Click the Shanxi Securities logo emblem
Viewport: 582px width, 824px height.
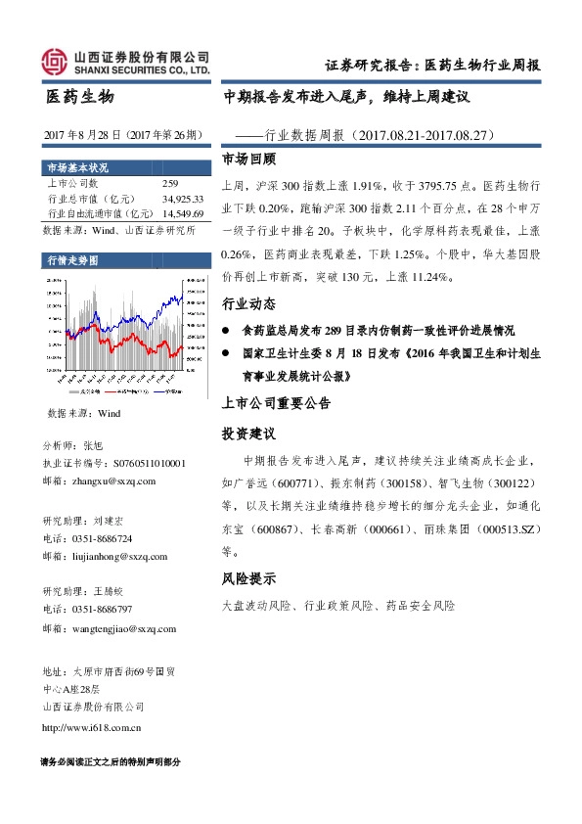[56, 62]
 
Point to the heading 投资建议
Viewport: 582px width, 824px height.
[249, 432]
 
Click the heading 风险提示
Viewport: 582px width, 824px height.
[249, 577]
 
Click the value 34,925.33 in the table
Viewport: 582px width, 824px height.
[184, 198]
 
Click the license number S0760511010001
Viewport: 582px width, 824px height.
[144, 463]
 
